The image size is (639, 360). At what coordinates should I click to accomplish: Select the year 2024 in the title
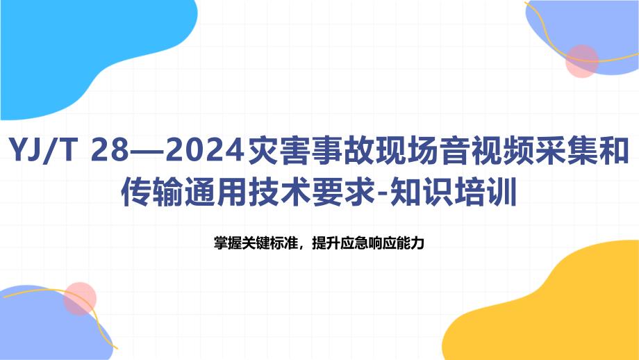coord(205,150)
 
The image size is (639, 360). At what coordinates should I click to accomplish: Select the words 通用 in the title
coord(217,192)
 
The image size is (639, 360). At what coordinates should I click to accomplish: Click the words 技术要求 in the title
coord(312,192)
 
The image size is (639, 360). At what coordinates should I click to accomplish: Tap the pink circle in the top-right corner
coord(582,61)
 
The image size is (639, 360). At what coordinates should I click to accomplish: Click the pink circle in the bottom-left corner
coord(80,298)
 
